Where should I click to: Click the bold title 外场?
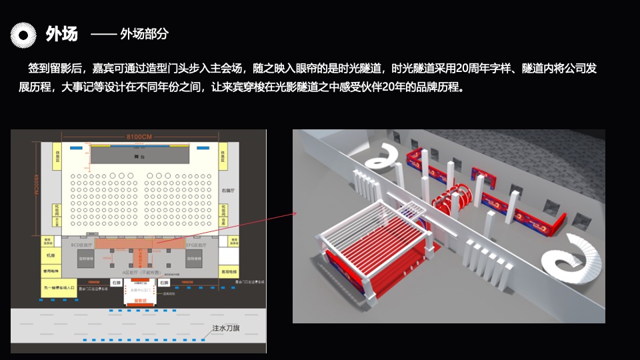(61, 34)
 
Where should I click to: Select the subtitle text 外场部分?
(144, 34)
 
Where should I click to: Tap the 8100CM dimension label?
(140, 137)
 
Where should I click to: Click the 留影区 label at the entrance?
(140, 301)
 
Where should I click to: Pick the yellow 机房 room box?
(48, 255)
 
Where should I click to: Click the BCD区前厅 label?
(81, 245)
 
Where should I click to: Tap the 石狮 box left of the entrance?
(117, 283)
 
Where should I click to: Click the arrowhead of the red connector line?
(295, 214)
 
